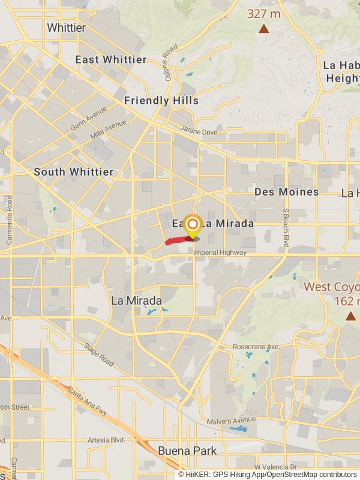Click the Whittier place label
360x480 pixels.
66,28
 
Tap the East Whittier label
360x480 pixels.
110,59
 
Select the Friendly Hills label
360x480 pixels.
161,101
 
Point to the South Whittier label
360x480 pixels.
73,172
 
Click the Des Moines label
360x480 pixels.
286,192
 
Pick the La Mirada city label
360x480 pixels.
136,300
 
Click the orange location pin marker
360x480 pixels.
192,226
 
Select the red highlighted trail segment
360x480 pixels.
176,241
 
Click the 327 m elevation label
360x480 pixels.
263,13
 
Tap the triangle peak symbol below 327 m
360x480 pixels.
263,28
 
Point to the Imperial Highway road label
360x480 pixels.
220,253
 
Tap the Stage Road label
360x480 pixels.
99,355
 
